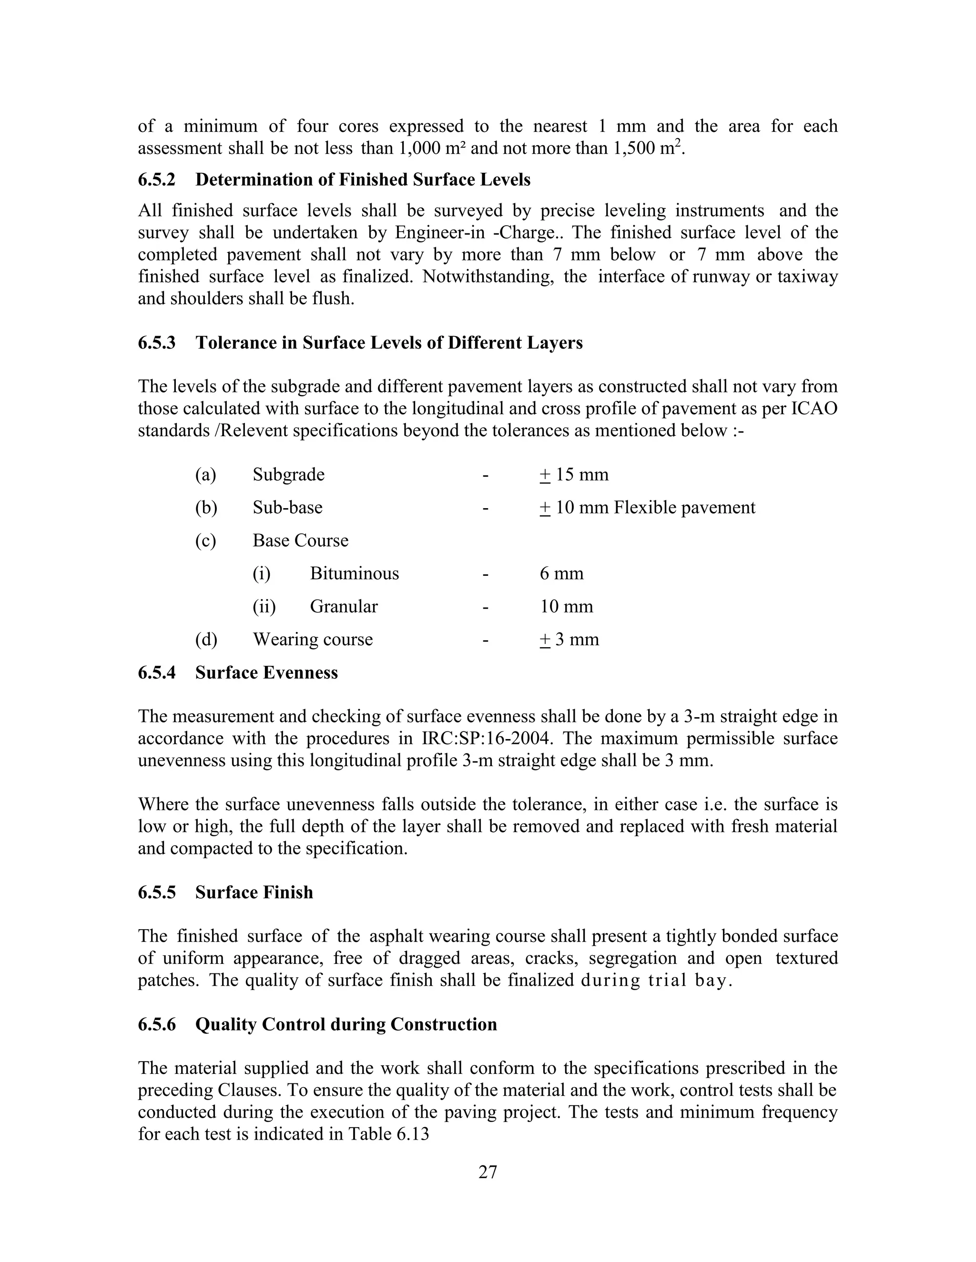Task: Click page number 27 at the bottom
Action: coord(488,1172)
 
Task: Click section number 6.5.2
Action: coord(156,180)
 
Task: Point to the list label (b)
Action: coord(206,508)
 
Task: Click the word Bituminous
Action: coord(354,574)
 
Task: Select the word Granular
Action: coord(344,607)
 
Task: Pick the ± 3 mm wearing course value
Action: coord(569,640)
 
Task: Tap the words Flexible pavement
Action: coord(684,508)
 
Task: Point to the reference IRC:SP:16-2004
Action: coord(479,739)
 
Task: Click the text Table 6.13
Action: coord(388,1134)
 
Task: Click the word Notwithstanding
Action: coord(488,277)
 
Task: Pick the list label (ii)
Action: coord(264,607)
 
